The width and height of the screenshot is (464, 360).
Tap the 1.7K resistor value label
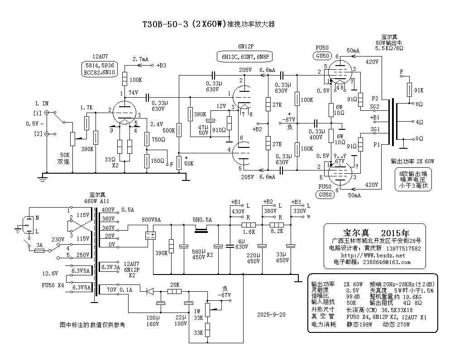click(x=86, y=108)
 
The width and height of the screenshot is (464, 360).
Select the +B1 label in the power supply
click(x=236, y=202)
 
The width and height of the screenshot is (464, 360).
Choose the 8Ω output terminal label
click(x=419, y=104)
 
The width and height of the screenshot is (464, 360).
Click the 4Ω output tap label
click(x=419, y=122)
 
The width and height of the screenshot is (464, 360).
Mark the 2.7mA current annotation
click(x=141, y=59)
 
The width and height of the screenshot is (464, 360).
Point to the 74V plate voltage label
click(x=133, y=93)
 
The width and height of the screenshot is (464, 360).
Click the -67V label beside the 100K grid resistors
click(x=288, y=120)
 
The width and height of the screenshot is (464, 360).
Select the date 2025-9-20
click(x=271, y=314)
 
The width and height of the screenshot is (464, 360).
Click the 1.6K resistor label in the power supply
click(x=249, y=232)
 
